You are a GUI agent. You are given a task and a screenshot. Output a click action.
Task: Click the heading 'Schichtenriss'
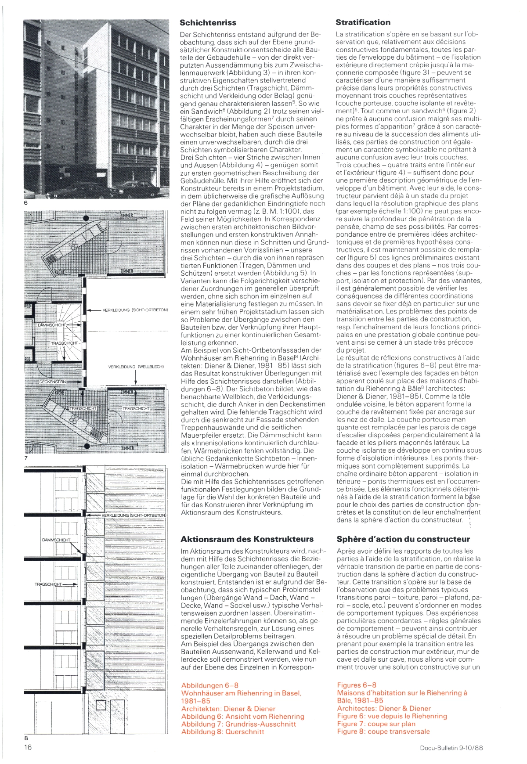208,23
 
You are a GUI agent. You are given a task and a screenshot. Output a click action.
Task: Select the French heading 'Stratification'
363,22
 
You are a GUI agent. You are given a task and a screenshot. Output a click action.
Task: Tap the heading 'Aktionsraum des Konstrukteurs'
247,539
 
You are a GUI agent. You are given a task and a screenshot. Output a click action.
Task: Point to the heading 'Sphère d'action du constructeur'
403,539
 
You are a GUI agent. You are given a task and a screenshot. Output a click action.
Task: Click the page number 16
28,747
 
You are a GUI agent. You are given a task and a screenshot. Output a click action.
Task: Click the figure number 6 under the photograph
26,203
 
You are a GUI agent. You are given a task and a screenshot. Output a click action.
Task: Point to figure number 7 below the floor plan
26,458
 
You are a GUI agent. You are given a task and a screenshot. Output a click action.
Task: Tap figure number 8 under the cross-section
26,738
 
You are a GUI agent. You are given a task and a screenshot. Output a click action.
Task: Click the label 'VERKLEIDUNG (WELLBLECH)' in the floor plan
136,367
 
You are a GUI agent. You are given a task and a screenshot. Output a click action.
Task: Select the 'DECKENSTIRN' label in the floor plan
52,382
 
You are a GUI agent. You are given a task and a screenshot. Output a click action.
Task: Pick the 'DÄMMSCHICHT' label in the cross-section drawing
56,540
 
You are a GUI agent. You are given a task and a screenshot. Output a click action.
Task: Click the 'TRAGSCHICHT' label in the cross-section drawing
49,584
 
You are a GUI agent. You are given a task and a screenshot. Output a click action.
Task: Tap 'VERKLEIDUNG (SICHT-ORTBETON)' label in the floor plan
135,310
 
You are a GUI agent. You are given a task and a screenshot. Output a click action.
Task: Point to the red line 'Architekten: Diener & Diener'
228,709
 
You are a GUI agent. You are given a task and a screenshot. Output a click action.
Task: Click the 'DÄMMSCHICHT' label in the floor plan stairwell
52,325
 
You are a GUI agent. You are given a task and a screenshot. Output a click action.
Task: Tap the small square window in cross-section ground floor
101,706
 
